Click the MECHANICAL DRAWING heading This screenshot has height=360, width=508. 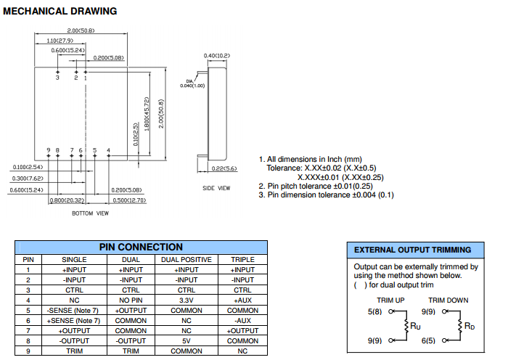[60, 12]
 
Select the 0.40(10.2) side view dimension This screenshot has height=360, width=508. [217, 56]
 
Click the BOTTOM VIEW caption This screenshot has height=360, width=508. [90, 213]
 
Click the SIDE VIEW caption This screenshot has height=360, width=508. [216, 188]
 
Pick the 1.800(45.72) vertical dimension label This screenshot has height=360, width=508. [147, 115]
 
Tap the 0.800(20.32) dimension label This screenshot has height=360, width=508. [67, 200]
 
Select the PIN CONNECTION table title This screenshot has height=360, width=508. [141, 247]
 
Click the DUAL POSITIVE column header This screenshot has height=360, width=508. [186, 259]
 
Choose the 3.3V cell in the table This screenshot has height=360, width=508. [186, 300]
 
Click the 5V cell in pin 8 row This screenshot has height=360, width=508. [186, 340]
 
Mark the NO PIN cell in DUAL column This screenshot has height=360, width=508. [131, 300]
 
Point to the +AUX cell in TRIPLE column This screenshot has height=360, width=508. [242, 300]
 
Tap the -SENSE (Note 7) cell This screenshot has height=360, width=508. [73, 310]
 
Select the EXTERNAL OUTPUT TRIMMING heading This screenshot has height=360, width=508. [412, 250]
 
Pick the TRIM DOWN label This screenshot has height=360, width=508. [448, 300]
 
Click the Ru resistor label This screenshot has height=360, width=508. [416, 327]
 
